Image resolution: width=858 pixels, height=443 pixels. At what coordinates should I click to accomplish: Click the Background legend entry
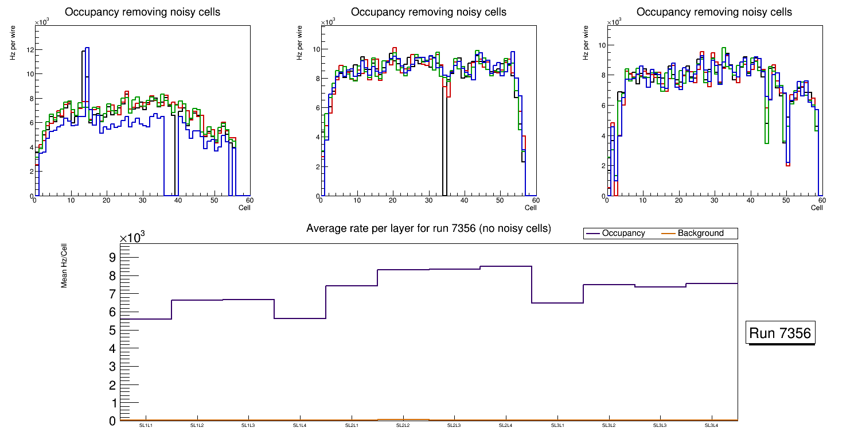[700, 234]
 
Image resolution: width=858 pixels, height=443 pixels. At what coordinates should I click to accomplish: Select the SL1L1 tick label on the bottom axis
[146, 425]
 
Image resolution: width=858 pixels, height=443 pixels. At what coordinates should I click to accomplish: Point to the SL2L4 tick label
[506, 425]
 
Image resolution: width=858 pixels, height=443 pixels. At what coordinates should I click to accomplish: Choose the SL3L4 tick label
[711, 425]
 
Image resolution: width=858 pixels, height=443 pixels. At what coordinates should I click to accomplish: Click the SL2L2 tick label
[403, 425]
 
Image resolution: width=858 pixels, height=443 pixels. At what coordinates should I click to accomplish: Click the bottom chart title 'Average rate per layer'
[428, 228]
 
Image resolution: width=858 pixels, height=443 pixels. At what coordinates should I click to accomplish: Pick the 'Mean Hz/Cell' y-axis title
[65, 265]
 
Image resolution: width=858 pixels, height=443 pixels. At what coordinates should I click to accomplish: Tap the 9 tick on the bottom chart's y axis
[112, 257]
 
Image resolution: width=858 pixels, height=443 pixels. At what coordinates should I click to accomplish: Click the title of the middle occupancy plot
[428, 11]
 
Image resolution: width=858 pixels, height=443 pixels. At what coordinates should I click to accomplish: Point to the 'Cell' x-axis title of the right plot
[817, 208]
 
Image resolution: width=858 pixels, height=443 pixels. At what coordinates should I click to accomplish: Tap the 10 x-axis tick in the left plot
[71, 200]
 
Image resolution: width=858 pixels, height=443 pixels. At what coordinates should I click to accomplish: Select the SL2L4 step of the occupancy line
[506, 266]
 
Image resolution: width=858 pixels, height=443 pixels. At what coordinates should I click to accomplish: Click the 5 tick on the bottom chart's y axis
[112, 331]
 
